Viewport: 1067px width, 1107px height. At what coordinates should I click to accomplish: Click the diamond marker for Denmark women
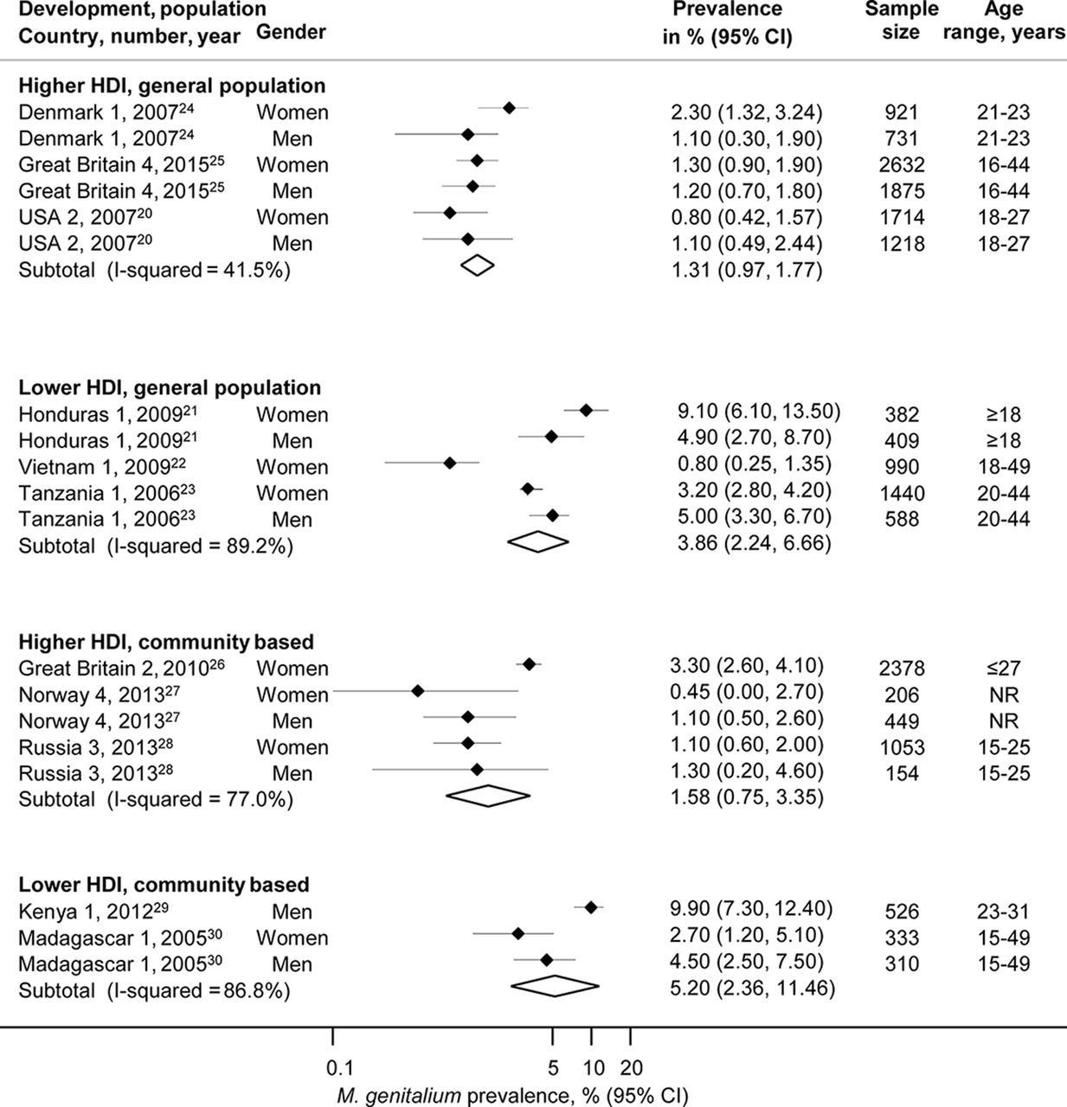(x=510, y=107)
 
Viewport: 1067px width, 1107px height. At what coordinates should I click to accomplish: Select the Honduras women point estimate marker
(x=586, y=410)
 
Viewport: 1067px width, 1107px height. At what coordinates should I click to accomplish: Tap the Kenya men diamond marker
(x=591, y=907)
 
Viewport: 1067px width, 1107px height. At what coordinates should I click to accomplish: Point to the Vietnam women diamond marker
(x=450, y=463)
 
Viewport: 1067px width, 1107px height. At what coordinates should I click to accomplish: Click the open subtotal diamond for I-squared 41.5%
(x=478, y=266)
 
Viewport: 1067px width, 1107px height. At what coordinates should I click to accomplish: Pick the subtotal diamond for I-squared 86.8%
(x=555, y=986)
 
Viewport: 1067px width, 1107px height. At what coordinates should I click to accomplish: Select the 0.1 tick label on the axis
(x=340, y=1068)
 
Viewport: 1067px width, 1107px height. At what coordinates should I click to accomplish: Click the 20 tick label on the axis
(x=632, y=1068)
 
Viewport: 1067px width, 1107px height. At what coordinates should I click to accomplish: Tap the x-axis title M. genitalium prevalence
(x=512, y=1095)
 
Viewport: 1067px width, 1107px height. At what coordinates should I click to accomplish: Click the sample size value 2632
(x=902, y=165)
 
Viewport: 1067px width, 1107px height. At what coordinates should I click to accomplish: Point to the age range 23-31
(x=1004, y=912)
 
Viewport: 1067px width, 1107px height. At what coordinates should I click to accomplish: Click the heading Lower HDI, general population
(x=170, y=388)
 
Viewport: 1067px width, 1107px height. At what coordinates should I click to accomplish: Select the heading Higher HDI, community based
(x=166, y=642)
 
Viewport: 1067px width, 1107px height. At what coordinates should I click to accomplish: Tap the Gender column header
(x=291, y=32)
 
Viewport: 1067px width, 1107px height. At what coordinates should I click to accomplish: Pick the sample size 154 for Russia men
(x=902, y=774)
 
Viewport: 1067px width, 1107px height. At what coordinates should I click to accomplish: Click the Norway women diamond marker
(x=418, y=691)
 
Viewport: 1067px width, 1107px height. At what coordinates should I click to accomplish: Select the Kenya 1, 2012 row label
(x=93, y=911)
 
